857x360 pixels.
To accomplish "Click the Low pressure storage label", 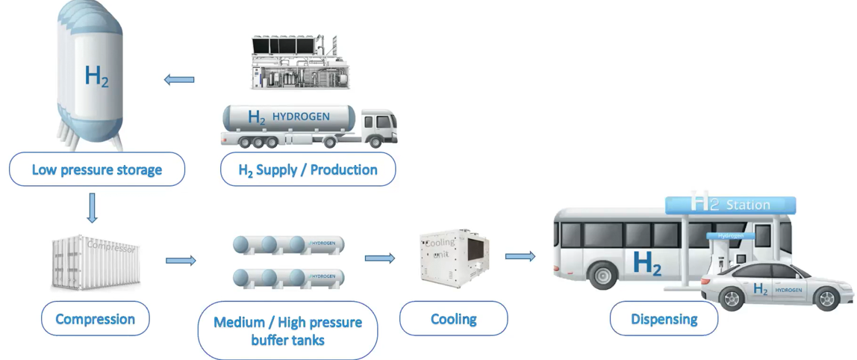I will [96, 170].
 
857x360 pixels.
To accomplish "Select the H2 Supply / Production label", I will [308, 170].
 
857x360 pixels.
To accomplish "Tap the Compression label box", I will [95, 319].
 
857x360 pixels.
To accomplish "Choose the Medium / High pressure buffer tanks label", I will [287, 331].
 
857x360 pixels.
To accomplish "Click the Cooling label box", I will [453, 319].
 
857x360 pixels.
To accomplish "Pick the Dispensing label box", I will [664, 319].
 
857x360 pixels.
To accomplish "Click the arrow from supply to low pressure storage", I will [179, 79].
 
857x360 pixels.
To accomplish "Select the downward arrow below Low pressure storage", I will [92, 208].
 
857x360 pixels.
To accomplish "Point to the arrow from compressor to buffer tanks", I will [181, 260].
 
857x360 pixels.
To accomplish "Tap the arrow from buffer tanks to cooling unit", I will [380, 258].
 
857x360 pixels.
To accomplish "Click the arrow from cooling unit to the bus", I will [520, 256].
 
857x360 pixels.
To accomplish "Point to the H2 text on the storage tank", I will [96, 76].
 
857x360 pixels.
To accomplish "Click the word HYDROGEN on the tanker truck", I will [301, 117].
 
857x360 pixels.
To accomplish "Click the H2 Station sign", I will [730, 204].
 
